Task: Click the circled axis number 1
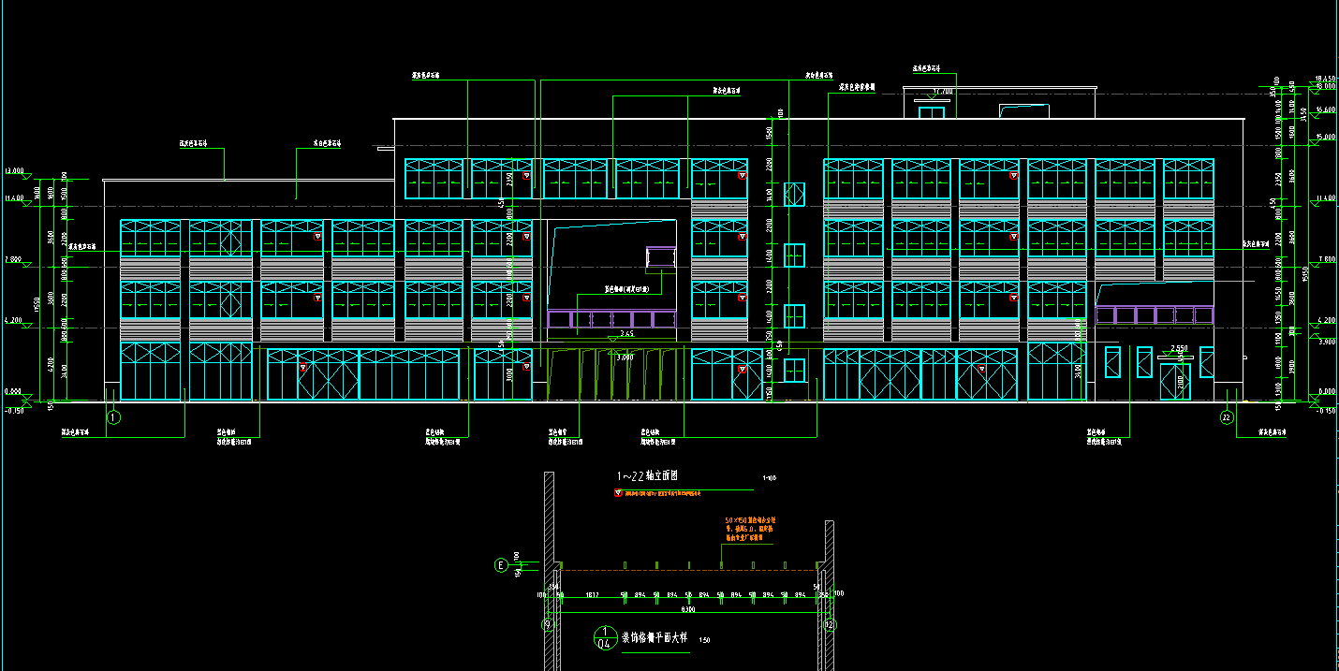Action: point(113,417)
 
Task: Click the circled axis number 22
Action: point(1227,417)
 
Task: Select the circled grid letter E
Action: point(500,565)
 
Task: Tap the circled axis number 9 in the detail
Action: point(549,624)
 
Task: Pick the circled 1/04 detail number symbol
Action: point(604,637)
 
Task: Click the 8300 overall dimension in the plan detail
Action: point(688,609)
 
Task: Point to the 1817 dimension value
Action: point(592,594)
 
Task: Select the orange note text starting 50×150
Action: point(750,529)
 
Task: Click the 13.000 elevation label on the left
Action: point(14,171)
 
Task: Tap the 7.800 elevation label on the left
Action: point(13,259)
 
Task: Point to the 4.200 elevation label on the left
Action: point(13,320)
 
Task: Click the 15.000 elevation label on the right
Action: point(1325,136)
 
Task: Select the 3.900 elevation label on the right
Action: point(1325,342)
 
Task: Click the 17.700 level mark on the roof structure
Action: point(942,92)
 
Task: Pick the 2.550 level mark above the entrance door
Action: point(1180,348)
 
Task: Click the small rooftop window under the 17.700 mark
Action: point(931,112)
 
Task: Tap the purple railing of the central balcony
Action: point(612,318)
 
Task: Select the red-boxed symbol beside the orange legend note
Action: point(617,492)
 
